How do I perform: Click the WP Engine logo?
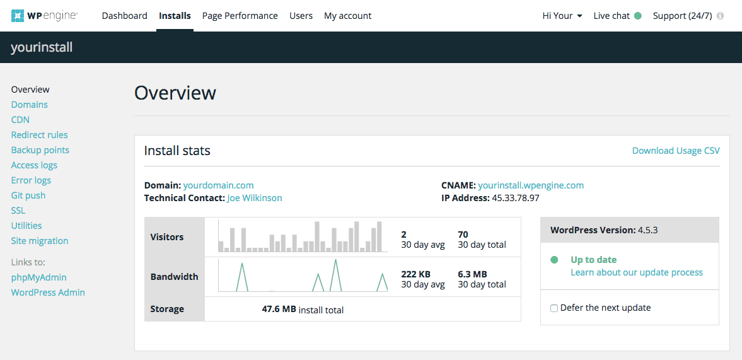coord(45,16)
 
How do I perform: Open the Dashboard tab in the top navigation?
coord(124,16)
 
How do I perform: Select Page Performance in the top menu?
coord(240,16)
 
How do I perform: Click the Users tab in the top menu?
coord(301,16)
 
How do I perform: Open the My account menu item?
coord(348,16)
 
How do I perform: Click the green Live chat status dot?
coord(638,16)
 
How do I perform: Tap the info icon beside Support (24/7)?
coord(720,16)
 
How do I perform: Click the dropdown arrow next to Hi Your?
coord(580,16)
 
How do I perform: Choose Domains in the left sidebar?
coord(30,105)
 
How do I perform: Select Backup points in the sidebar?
coord(40,150)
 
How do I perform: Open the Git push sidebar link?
coord(28,195)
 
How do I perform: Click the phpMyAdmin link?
coord(39,277)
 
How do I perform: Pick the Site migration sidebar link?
coord(40,241)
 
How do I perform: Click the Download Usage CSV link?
coord(676,151)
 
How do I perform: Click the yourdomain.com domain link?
coord(219,185)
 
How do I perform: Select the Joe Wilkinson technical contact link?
coord(255,198)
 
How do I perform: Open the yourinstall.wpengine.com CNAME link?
coord(531,185)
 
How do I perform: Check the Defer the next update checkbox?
coord(554,308)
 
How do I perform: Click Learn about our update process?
coord(637,272)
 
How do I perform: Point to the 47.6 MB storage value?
coord(279,310)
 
